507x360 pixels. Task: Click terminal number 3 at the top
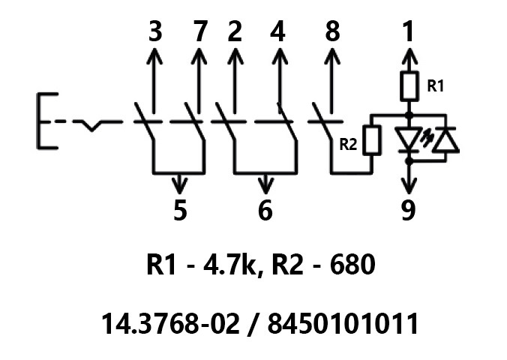[x=155, y=33]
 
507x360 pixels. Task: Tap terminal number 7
[x=199, y=33]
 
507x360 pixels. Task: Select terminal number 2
[x=235, y=33]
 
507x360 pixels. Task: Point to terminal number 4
[x=279, y=33]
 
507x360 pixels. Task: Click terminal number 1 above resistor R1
[x=409, y=33]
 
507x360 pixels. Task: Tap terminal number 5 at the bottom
[x=179, y=211]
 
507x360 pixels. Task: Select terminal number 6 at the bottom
[x=265, y=211]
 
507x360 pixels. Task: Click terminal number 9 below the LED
[x=409, y=211]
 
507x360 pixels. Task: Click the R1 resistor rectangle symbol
[x=409, y=87]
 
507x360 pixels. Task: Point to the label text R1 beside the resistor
[x=435, y=86]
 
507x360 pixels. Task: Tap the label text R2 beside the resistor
[x=348, y=144]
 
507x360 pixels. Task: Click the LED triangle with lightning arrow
[x=409, y=139]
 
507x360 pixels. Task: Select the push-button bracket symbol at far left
[x=44, y=121]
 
